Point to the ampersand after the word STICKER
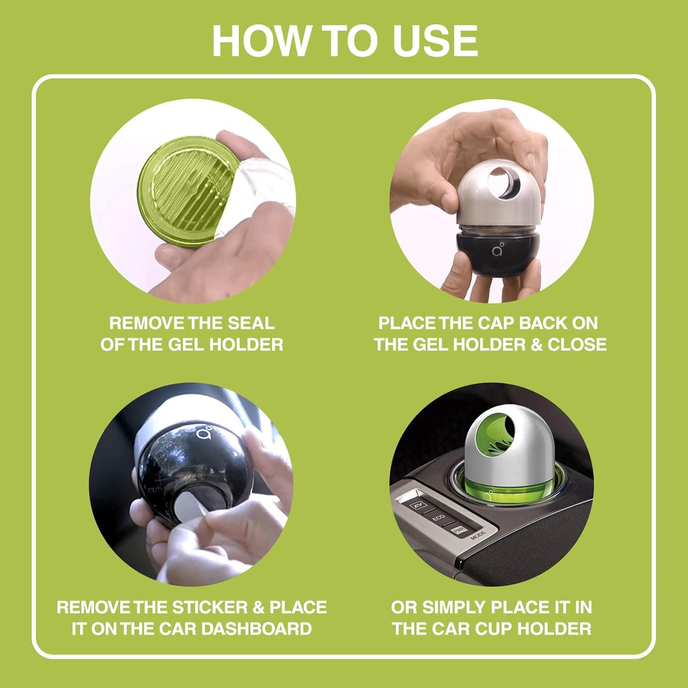(259, 607)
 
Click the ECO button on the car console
(439, 517)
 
